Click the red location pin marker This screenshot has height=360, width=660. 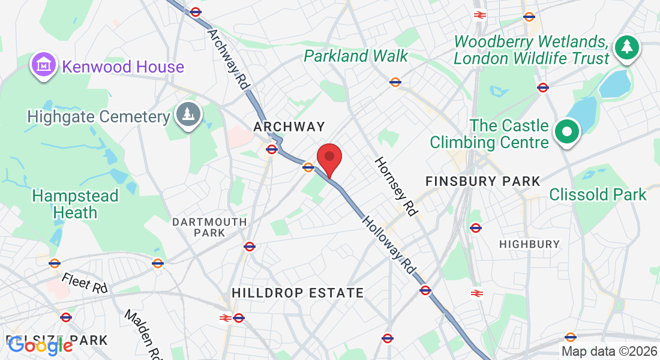coord(329,158)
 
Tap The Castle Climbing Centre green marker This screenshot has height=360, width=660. coord(566,131)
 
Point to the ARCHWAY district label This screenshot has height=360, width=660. coord(289,127)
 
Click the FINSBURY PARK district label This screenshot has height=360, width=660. coord(483,181)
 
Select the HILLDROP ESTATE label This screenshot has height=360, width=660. coord(298,293)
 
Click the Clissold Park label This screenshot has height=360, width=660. coord(598,194)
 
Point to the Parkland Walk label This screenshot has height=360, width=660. coord(356,56)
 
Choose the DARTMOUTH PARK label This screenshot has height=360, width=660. coord(209,227)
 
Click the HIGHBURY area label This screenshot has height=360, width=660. coord(529,244)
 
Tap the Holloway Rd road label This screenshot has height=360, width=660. coord(388,245)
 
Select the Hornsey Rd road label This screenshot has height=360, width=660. coord(396,186)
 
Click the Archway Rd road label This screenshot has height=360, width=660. coord(229,59)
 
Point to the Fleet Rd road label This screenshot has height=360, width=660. coord(84,283)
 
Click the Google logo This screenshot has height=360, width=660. coord(40,345)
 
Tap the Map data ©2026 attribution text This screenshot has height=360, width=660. coord(609,352)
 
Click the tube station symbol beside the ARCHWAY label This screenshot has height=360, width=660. coord(272,149)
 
